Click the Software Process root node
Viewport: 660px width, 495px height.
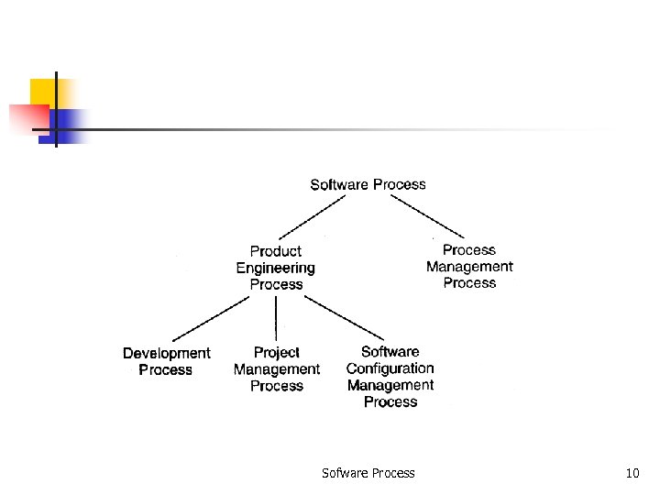(x=368, y=184)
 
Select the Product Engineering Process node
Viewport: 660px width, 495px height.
(x=276, y=268)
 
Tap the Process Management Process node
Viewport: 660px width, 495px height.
(x=469, y=266)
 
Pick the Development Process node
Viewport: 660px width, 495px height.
(x=166, y=361)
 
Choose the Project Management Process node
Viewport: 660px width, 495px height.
(x=276, y=368)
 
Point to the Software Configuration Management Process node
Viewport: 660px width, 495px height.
(x=390, y=377)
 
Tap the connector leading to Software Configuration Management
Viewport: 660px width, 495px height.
(x=343, y=317)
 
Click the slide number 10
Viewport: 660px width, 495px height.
(x=632, y=473)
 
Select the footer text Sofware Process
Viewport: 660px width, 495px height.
(x=368, y=473)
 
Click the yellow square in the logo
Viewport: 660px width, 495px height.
(x=44, y=92)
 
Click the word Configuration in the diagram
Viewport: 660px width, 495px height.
(x=390, y=368)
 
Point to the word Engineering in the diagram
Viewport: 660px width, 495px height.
(x=276, y=268)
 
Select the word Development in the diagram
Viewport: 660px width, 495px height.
(x=166, y=353)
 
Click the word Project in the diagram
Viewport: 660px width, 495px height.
(x=276, y=352)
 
